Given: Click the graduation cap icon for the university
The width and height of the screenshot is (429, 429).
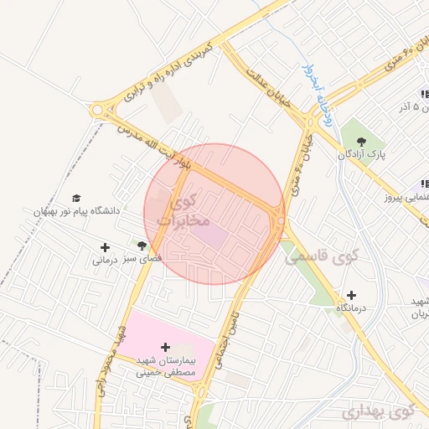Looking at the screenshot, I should pyautogui.click(x=77, y=198).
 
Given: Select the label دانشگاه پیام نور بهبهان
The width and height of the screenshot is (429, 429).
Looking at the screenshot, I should pyautogui.click(x=77, y=211).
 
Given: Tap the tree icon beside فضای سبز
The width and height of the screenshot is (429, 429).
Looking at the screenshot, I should pyautogui.click(x=142, y=246).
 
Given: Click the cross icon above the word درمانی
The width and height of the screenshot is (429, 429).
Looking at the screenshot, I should pyautogui.click(x=105, y=247).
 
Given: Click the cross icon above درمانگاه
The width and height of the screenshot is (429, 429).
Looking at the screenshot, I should pyautogui.click(x=350, y=295).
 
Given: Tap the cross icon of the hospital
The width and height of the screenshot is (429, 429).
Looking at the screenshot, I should pyautogui.click(x=165, y=347).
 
